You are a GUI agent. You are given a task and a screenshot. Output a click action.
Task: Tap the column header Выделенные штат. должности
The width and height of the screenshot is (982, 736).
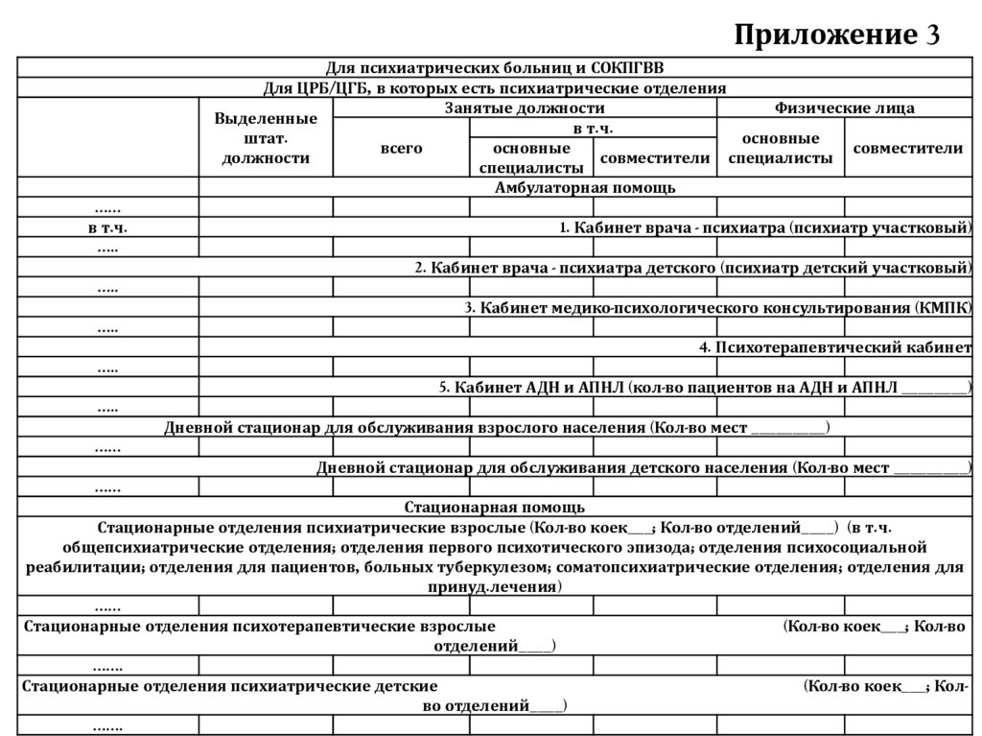click(x=266, y=138)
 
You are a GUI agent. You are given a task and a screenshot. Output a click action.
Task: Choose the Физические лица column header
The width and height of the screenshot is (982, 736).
click(x=844, y=108)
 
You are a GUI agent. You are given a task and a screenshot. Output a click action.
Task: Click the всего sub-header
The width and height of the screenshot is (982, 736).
click(x=401, y=149)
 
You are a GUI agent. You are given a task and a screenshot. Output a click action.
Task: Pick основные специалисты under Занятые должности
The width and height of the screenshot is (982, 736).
click(x=530, y=158)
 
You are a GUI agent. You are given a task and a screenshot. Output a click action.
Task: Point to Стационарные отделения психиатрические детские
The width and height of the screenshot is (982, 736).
click(x=230, y=687)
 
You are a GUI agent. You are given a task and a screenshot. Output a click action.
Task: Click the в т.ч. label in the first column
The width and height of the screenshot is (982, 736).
click(x=107, y=228)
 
